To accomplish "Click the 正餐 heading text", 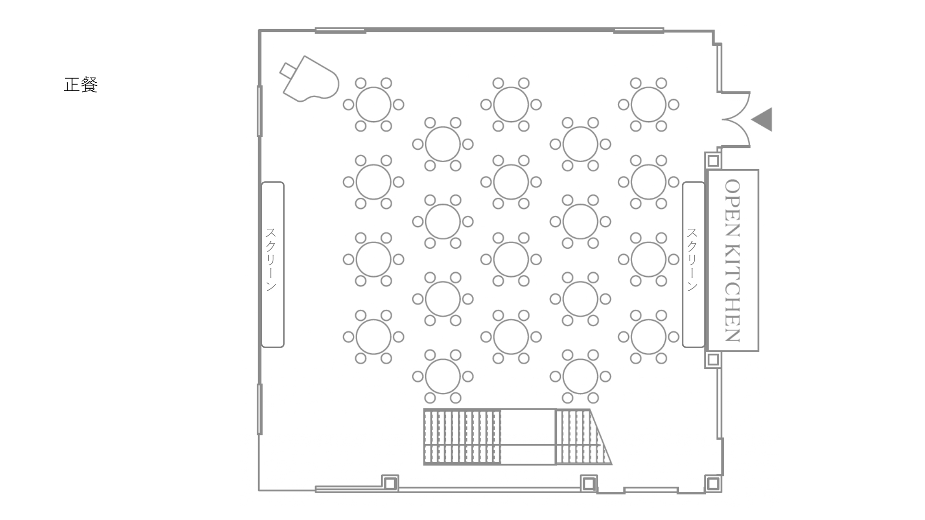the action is tap(80, 85).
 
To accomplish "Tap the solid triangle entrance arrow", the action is tap(762, 119).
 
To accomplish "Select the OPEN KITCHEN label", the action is tap(733, 260).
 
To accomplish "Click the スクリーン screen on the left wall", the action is tap(273, 264).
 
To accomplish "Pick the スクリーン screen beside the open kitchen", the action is tap(694, 264).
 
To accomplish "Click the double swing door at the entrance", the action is tap(736, 119).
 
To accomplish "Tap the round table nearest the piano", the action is tap(373, 104).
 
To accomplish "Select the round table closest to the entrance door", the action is tap(648, 104).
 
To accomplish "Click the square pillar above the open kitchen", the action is tap(713, 160).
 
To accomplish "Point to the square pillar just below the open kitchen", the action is tap(713, 360).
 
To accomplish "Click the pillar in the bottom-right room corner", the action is tap(713, 484).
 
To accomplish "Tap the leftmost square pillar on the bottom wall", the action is tap(390, 483).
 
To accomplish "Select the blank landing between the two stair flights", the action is tap(528, 437).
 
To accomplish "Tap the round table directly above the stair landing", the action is tap(511, 336).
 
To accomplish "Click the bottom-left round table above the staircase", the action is tap(443, 376).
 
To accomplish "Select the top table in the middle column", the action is tap(511, 104).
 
